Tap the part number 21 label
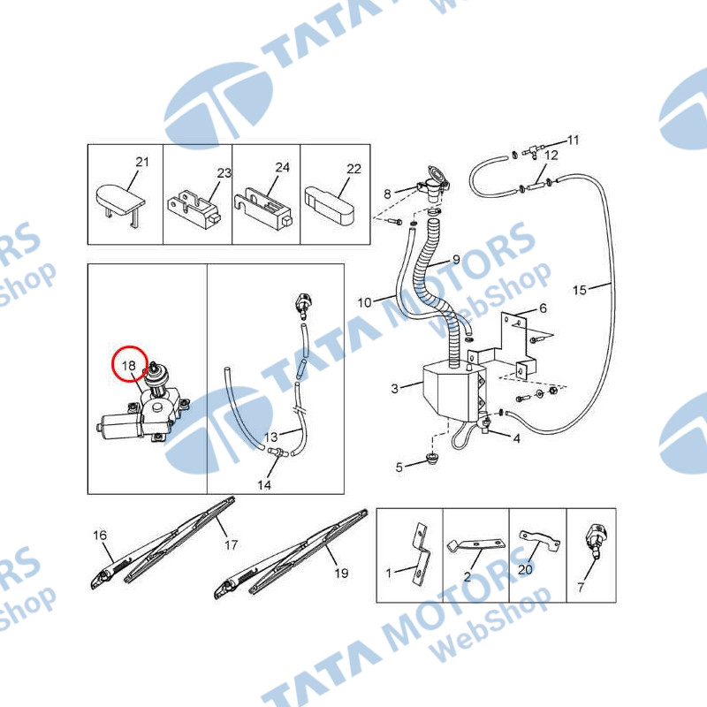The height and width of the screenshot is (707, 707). (142, 162)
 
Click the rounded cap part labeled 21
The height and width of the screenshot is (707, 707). (120, 200)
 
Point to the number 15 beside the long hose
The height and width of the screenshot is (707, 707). (580, 290)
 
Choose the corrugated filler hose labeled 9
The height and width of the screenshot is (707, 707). (434, 289)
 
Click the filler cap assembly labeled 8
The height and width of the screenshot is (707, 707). (434, 184)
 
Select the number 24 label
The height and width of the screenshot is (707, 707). (282, 167)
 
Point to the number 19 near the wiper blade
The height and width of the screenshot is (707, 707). (341, 573)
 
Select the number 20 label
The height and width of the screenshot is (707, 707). (525, 569)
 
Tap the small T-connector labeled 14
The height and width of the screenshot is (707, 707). (276, 452)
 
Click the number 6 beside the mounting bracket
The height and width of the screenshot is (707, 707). (543, 308)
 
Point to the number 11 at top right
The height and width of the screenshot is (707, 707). (573, 141)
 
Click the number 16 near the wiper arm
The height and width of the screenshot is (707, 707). (100, 536)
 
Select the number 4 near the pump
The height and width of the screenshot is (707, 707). (517, 438)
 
